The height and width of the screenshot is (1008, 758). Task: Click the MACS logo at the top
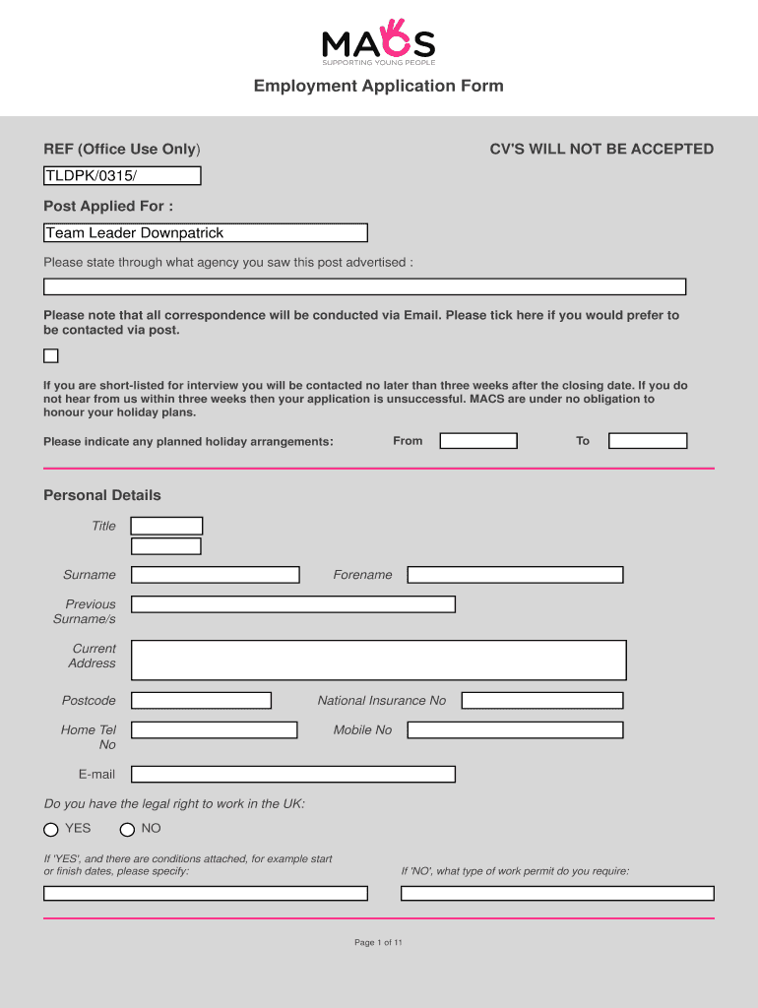378,41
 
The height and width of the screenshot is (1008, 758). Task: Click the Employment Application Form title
378,86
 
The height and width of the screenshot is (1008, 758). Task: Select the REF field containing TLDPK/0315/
122,176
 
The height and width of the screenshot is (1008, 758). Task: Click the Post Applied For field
205,233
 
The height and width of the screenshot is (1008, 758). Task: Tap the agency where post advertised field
364,287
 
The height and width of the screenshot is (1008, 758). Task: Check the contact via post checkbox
51,356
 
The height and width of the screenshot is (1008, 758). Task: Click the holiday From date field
478,441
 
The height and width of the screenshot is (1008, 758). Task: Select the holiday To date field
648,441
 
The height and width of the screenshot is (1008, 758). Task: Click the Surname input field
215,575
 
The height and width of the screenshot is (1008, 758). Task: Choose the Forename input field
515,575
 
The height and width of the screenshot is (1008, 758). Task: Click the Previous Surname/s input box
292,604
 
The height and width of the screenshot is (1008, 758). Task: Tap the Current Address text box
378,660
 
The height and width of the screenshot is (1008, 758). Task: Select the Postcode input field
201,701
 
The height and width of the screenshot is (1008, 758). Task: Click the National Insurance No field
542,701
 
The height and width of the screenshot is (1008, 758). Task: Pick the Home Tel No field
214,730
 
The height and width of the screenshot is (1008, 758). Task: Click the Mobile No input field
515,730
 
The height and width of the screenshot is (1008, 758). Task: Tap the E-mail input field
292,775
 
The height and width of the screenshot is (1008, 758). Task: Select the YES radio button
51,830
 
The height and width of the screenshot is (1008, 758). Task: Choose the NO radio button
127,830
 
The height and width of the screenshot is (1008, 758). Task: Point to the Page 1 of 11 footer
378,943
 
